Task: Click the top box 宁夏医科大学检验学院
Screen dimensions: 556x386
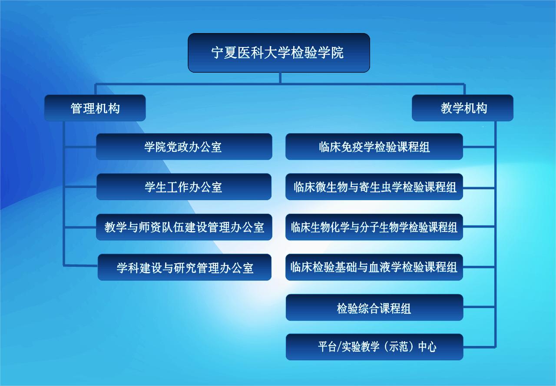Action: (x=279, y=53)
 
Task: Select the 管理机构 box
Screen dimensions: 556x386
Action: (x=95, y=108)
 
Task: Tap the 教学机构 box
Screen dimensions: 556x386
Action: (x=463, y=108)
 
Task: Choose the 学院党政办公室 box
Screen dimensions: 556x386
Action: (x=184, y=147)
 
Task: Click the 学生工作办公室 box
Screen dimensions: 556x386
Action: (x=184, y=187)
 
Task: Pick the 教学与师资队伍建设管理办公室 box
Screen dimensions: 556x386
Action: (x=184, y=227)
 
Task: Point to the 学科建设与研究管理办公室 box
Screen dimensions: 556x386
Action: (x=185, y=267)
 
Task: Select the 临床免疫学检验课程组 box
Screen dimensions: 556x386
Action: (x=374, y=147)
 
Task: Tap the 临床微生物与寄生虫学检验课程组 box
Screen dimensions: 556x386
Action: (x=374, y=187)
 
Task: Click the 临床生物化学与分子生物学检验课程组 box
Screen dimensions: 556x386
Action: (x=374, y=227)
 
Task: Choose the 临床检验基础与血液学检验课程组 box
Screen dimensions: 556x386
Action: (x=374, y=267)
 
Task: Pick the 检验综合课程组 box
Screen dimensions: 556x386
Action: (x=374, y=308)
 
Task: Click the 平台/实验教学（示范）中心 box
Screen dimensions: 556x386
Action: (x=374, y=347)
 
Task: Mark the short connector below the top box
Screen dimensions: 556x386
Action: (x=280, y=78)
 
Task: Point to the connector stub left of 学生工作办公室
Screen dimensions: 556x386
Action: (x=80, y=187)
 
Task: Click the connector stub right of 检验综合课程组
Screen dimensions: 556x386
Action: (x=479, y=307)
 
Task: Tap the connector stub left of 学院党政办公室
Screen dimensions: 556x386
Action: (x=80, y=147)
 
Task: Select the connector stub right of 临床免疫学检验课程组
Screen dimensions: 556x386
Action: (x=479, y=147)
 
